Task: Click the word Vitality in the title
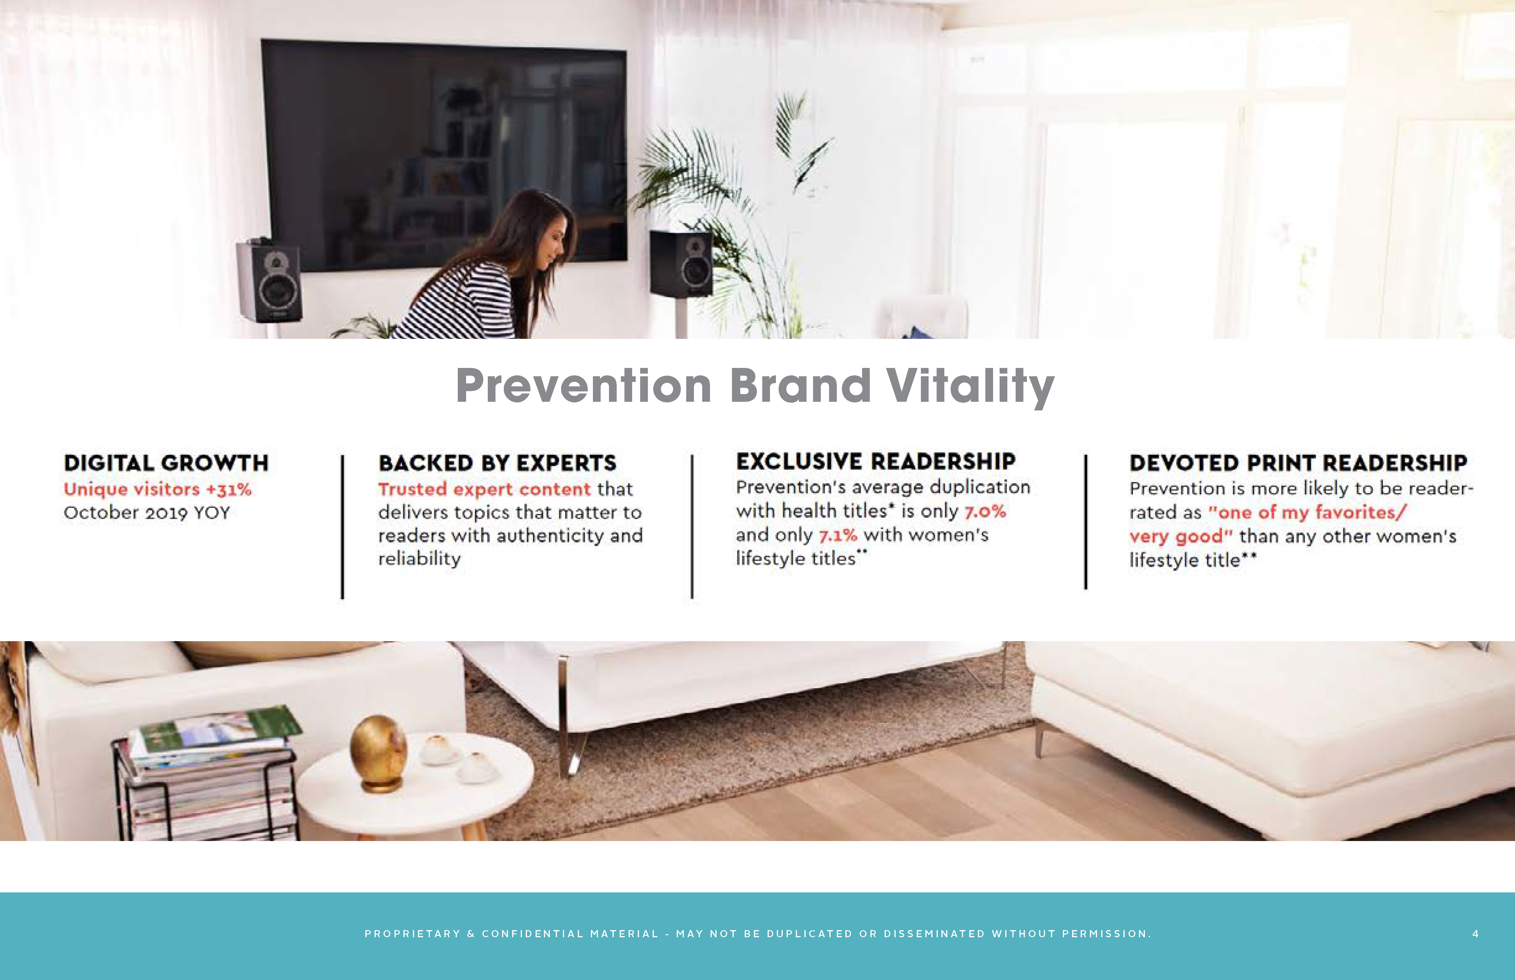point(970,386)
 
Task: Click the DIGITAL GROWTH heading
point(166,463)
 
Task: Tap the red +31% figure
point(228,489)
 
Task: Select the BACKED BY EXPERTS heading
point(497,463)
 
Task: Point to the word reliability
point(419,559)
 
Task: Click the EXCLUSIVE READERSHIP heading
point(876,461)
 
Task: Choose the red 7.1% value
point(838,535)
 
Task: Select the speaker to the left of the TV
point(269,280)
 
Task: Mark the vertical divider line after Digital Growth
point(343,527)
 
